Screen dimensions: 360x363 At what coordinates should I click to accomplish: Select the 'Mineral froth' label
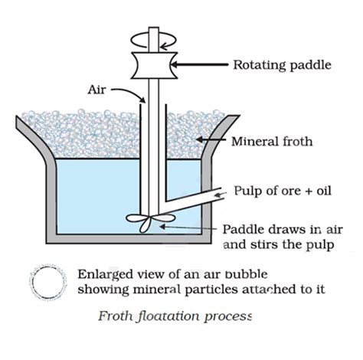270,142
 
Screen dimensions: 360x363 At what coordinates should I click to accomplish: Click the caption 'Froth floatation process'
175,315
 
